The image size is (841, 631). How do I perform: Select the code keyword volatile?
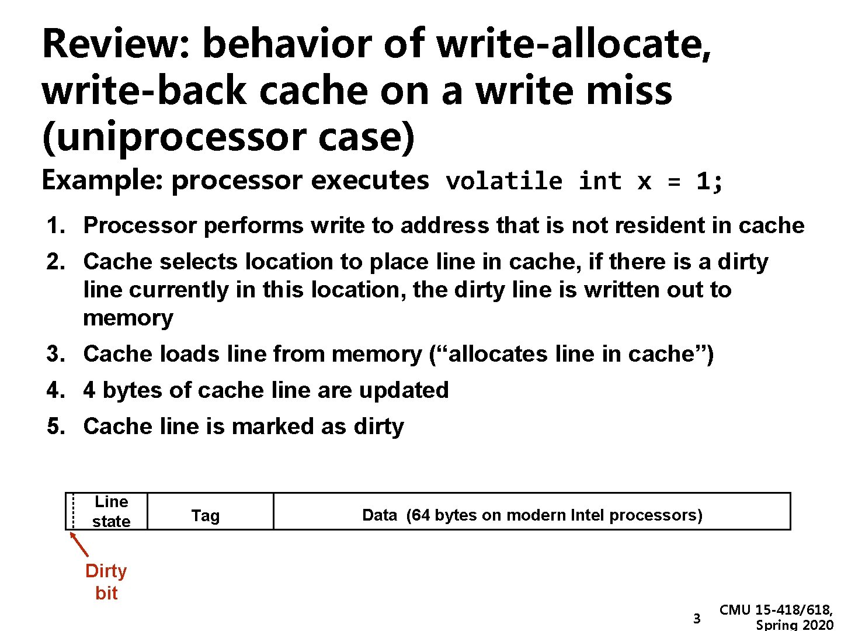[504, 181]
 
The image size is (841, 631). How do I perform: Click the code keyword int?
[600, 181]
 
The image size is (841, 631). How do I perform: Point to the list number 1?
[55, 226]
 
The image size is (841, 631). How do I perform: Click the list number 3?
[55, 354]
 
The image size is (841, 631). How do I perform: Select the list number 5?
[55, 427]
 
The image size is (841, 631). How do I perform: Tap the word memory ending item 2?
[128, 318]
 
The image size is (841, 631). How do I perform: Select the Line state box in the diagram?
[111, 511]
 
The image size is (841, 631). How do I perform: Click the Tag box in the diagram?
[206, 515]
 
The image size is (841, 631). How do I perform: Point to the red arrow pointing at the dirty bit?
[79, 545]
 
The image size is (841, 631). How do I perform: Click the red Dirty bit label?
[106, 582]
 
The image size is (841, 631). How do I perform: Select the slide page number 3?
[696, 619]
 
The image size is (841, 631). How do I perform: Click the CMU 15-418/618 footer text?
[776, 611]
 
